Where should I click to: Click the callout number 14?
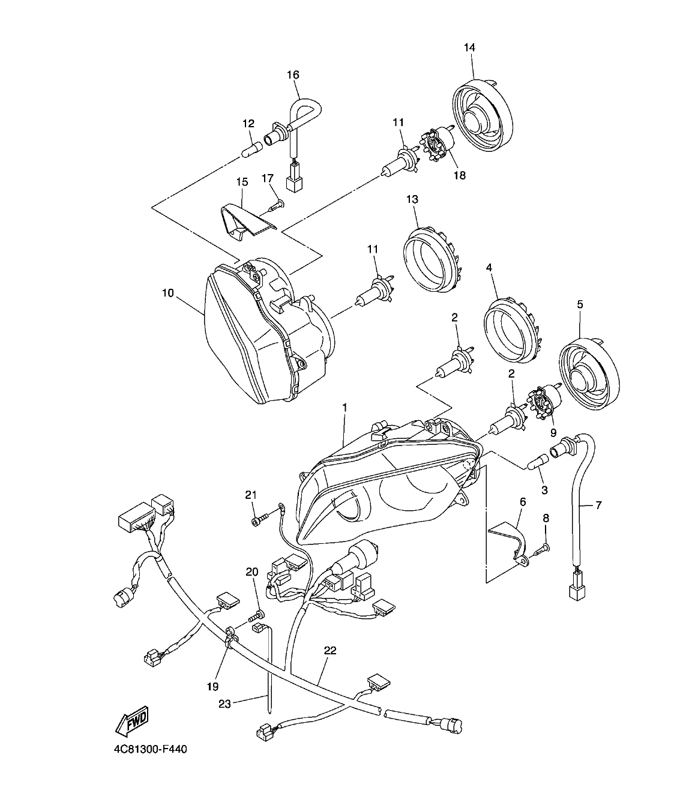click(469, 47)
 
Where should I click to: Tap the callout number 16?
click(292, 75)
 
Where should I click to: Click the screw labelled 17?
click(275, 205)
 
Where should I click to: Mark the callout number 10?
click(167, 293)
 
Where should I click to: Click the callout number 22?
click(330, 650)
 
